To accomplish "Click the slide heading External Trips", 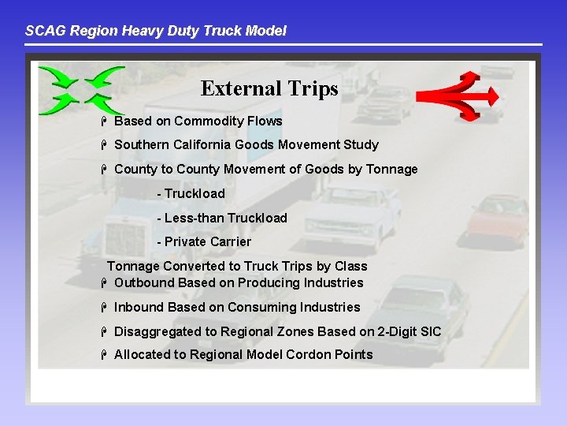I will coord(269,88).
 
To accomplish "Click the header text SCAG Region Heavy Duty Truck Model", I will coord(155,31).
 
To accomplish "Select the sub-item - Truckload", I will coord(191,194).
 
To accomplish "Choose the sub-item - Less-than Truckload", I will coord(222,218).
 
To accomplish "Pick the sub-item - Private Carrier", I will coord(204,242).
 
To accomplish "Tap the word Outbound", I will coord(145,282).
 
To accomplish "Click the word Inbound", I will coord(139,307).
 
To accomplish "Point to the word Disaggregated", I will coord(161,331).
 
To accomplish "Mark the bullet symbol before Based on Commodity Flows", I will coord(103,121).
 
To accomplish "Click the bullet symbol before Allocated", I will coord(103,355).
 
